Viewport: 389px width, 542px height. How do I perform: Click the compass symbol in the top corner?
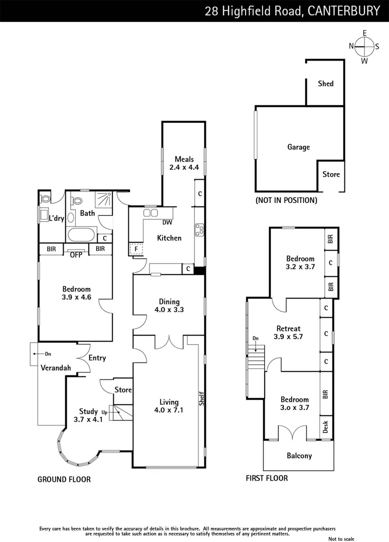[364, 47]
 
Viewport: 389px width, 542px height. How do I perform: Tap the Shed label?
[325, 84]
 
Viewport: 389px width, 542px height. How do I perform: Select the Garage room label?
[298, 147]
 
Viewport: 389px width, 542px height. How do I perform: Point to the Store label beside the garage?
[331, 175]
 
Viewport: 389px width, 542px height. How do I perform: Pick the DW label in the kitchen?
[167, 223]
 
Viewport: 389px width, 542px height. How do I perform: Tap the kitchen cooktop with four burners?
[199, 229]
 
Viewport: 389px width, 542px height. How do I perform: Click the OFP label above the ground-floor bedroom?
[76, 254]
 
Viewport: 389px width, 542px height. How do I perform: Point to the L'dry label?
[56, 218]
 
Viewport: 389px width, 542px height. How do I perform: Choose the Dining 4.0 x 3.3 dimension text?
[169, 310]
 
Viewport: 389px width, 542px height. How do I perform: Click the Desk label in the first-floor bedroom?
[326, 427]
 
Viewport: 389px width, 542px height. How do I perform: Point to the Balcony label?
[299, 456]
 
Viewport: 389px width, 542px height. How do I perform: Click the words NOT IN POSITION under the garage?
[286, 200]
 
